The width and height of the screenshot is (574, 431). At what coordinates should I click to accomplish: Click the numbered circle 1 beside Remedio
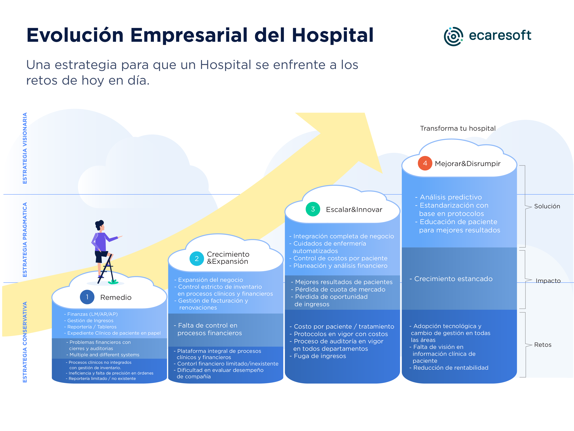coord(87,297)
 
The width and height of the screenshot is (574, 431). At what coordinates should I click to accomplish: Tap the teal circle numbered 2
coord(196,259)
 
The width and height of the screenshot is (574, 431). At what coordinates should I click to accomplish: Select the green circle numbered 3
coord(313,209)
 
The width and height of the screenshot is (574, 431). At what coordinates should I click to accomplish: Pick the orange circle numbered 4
coord(425,163)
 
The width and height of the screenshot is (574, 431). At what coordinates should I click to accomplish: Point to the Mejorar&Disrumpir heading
coord(467,164)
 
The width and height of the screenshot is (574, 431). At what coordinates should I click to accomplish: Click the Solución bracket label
coord(547,206)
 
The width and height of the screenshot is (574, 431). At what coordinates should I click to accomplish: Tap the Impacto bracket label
coord(548,281)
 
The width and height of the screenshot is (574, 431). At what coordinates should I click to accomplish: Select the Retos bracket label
coord(543,345)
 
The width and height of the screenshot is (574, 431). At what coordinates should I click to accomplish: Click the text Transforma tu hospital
coord(458,128)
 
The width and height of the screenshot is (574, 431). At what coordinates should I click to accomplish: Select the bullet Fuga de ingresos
coord(320,356)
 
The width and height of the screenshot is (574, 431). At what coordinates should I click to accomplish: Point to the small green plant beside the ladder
coord(113,281)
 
